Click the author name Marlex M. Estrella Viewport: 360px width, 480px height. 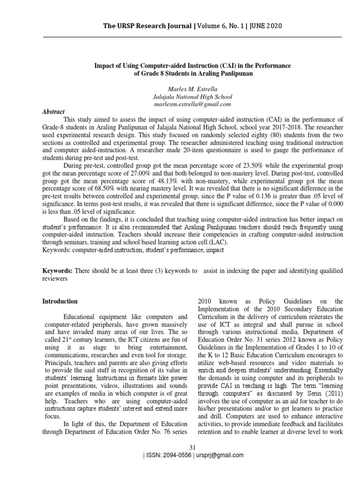click(x=180, y=89)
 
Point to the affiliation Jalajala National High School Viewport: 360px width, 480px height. click(x=180, y=96)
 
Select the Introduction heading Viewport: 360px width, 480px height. click(x=60, y=301)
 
